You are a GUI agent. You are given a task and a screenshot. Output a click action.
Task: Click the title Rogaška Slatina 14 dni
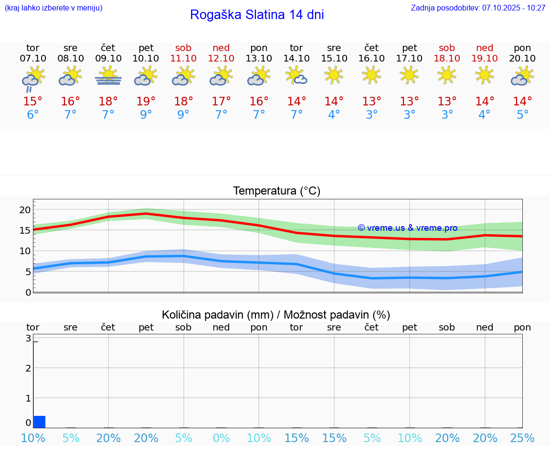pos(257,15)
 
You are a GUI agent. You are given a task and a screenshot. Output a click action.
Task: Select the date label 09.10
pos(108,59)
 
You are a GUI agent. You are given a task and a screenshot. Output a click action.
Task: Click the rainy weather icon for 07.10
pos(32,79)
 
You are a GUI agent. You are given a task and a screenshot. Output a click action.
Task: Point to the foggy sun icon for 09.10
pos(108,76)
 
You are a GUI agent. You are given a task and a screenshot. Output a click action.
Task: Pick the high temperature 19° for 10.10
pos(146,101)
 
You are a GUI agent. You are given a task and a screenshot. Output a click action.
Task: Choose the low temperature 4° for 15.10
pos(334,115)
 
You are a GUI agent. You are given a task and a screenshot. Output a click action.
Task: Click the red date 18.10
pos(447,59)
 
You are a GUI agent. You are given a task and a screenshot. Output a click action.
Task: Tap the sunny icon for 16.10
pos(371,75)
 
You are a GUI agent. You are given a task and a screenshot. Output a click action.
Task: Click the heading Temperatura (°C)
pos(276,191)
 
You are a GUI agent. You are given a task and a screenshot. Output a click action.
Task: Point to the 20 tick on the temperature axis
pos(25,210)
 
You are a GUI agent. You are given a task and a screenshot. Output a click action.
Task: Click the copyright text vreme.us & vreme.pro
pos(408,228)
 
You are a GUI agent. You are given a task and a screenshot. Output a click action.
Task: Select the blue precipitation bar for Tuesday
pos(40,422)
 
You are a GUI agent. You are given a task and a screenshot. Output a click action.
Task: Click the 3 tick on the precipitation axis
pos(28,339)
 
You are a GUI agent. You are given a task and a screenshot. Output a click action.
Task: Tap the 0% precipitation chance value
pos(221,438)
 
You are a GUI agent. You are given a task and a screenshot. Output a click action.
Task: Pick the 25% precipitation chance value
pos(522,438)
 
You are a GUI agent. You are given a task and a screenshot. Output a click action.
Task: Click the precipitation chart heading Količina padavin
pos(276,315)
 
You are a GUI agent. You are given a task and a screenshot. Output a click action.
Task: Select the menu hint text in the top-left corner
pos(53,8)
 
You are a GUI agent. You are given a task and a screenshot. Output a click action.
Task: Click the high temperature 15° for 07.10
pos(32,101)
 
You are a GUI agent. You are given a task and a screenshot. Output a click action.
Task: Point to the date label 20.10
pos(522,59)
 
